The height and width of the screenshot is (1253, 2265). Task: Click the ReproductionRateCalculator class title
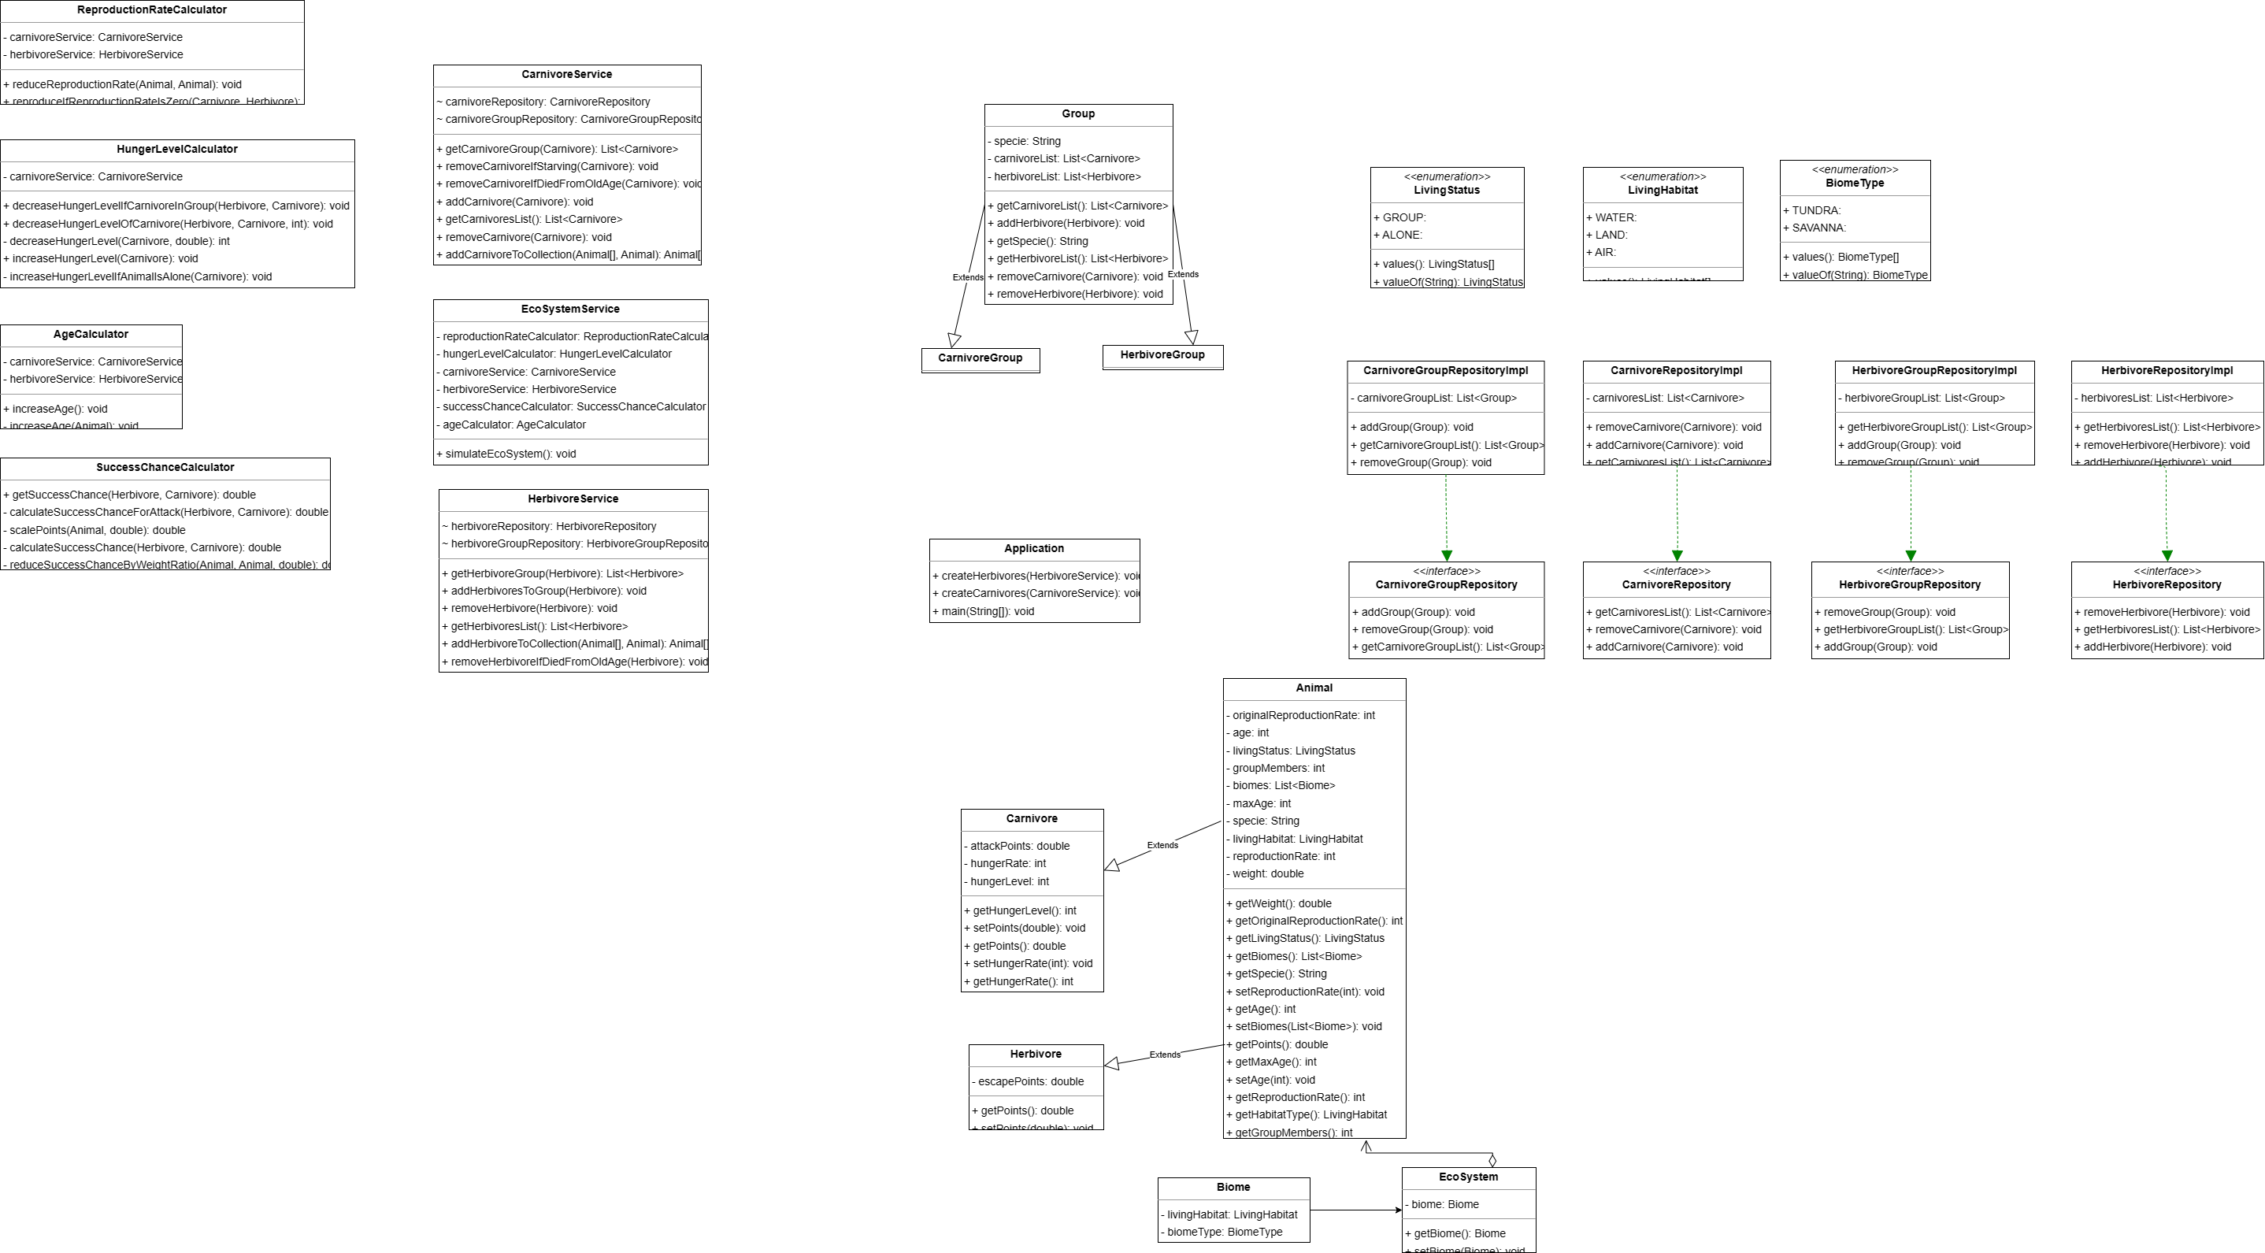coord(152,9)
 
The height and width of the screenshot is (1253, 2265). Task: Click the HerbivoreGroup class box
coord(1162,355)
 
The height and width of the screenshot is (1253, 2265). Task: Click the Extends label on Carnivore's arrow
coord(1162,845)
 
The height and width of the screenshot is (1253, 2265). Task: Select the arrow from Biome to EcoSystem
coord(1354,1210)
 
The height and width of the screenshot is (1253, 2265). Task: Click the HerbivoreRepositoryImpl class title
coord(2167,370)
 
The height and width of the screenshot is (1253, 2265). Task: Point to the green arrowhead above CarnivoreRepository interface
coord(1677,556)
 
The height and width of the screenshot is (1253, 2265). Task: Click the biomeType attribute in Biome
coord(1224,1232)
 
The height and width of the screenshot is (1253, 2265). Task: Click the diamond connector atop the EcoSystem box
coord(1492,1161)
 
